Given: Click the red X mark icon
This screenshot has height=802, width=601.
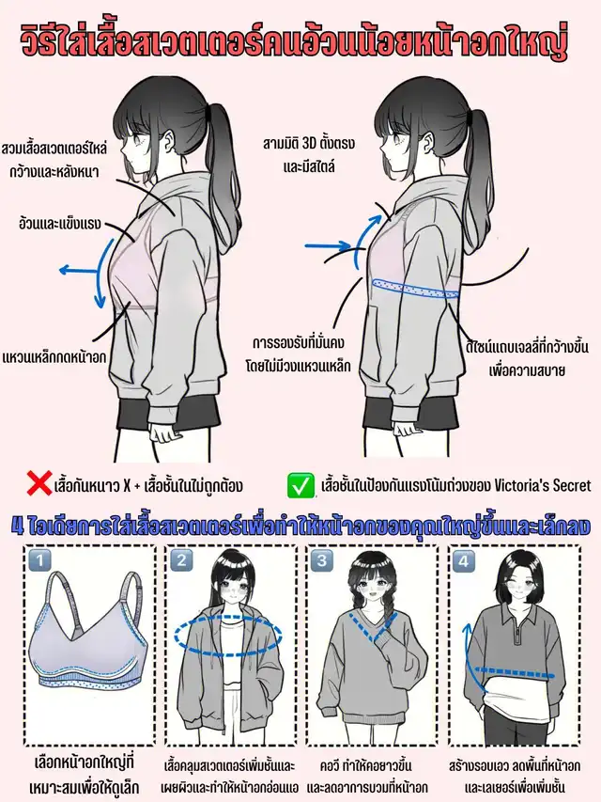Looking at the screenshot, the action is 39,484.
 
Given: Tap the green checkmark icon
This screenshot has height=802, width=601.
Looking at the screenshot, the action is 300,485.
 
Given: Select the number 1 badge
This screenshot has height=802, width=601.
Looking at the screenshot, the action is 39,560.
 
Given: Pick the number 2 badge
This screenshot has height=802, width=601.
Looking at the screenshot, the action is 181,560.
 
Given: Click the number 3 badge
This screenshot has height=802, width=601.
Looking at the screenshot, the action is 321,560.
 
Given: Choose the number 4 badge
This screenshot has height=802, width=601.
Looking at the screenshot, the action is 463,560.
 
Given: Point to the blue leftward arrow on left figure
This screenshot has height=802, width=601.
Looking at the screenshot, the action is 78,270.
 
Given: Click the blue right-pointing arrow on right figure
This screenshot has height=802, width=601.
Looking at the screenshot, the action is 328,246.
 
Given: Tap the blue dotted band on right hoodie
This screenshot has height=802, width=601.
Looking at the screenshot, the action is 415,287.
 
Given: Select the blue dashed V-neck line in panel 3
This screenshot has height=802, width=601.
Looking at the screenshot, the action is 373,627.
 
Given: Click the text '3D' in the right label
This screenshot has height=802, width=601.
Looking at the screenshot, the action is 310,144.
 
